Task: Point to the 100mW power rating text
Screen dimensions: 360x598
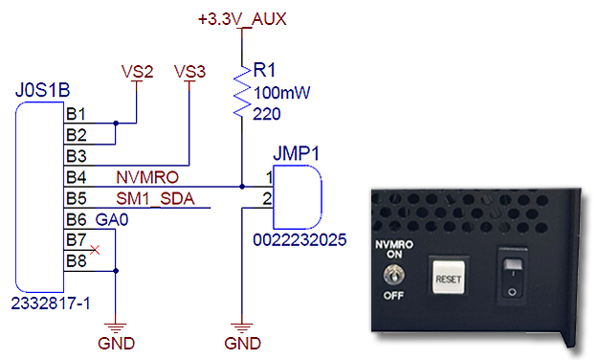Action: [x=277, y=93]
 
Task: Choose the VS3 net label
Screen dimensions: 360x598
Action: [x=189, y=72]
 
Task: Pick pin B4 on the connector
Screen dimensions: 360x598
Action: [x=76, y=178]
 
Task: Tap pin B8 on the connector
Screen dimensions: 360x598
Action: [x=76, y=261]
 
